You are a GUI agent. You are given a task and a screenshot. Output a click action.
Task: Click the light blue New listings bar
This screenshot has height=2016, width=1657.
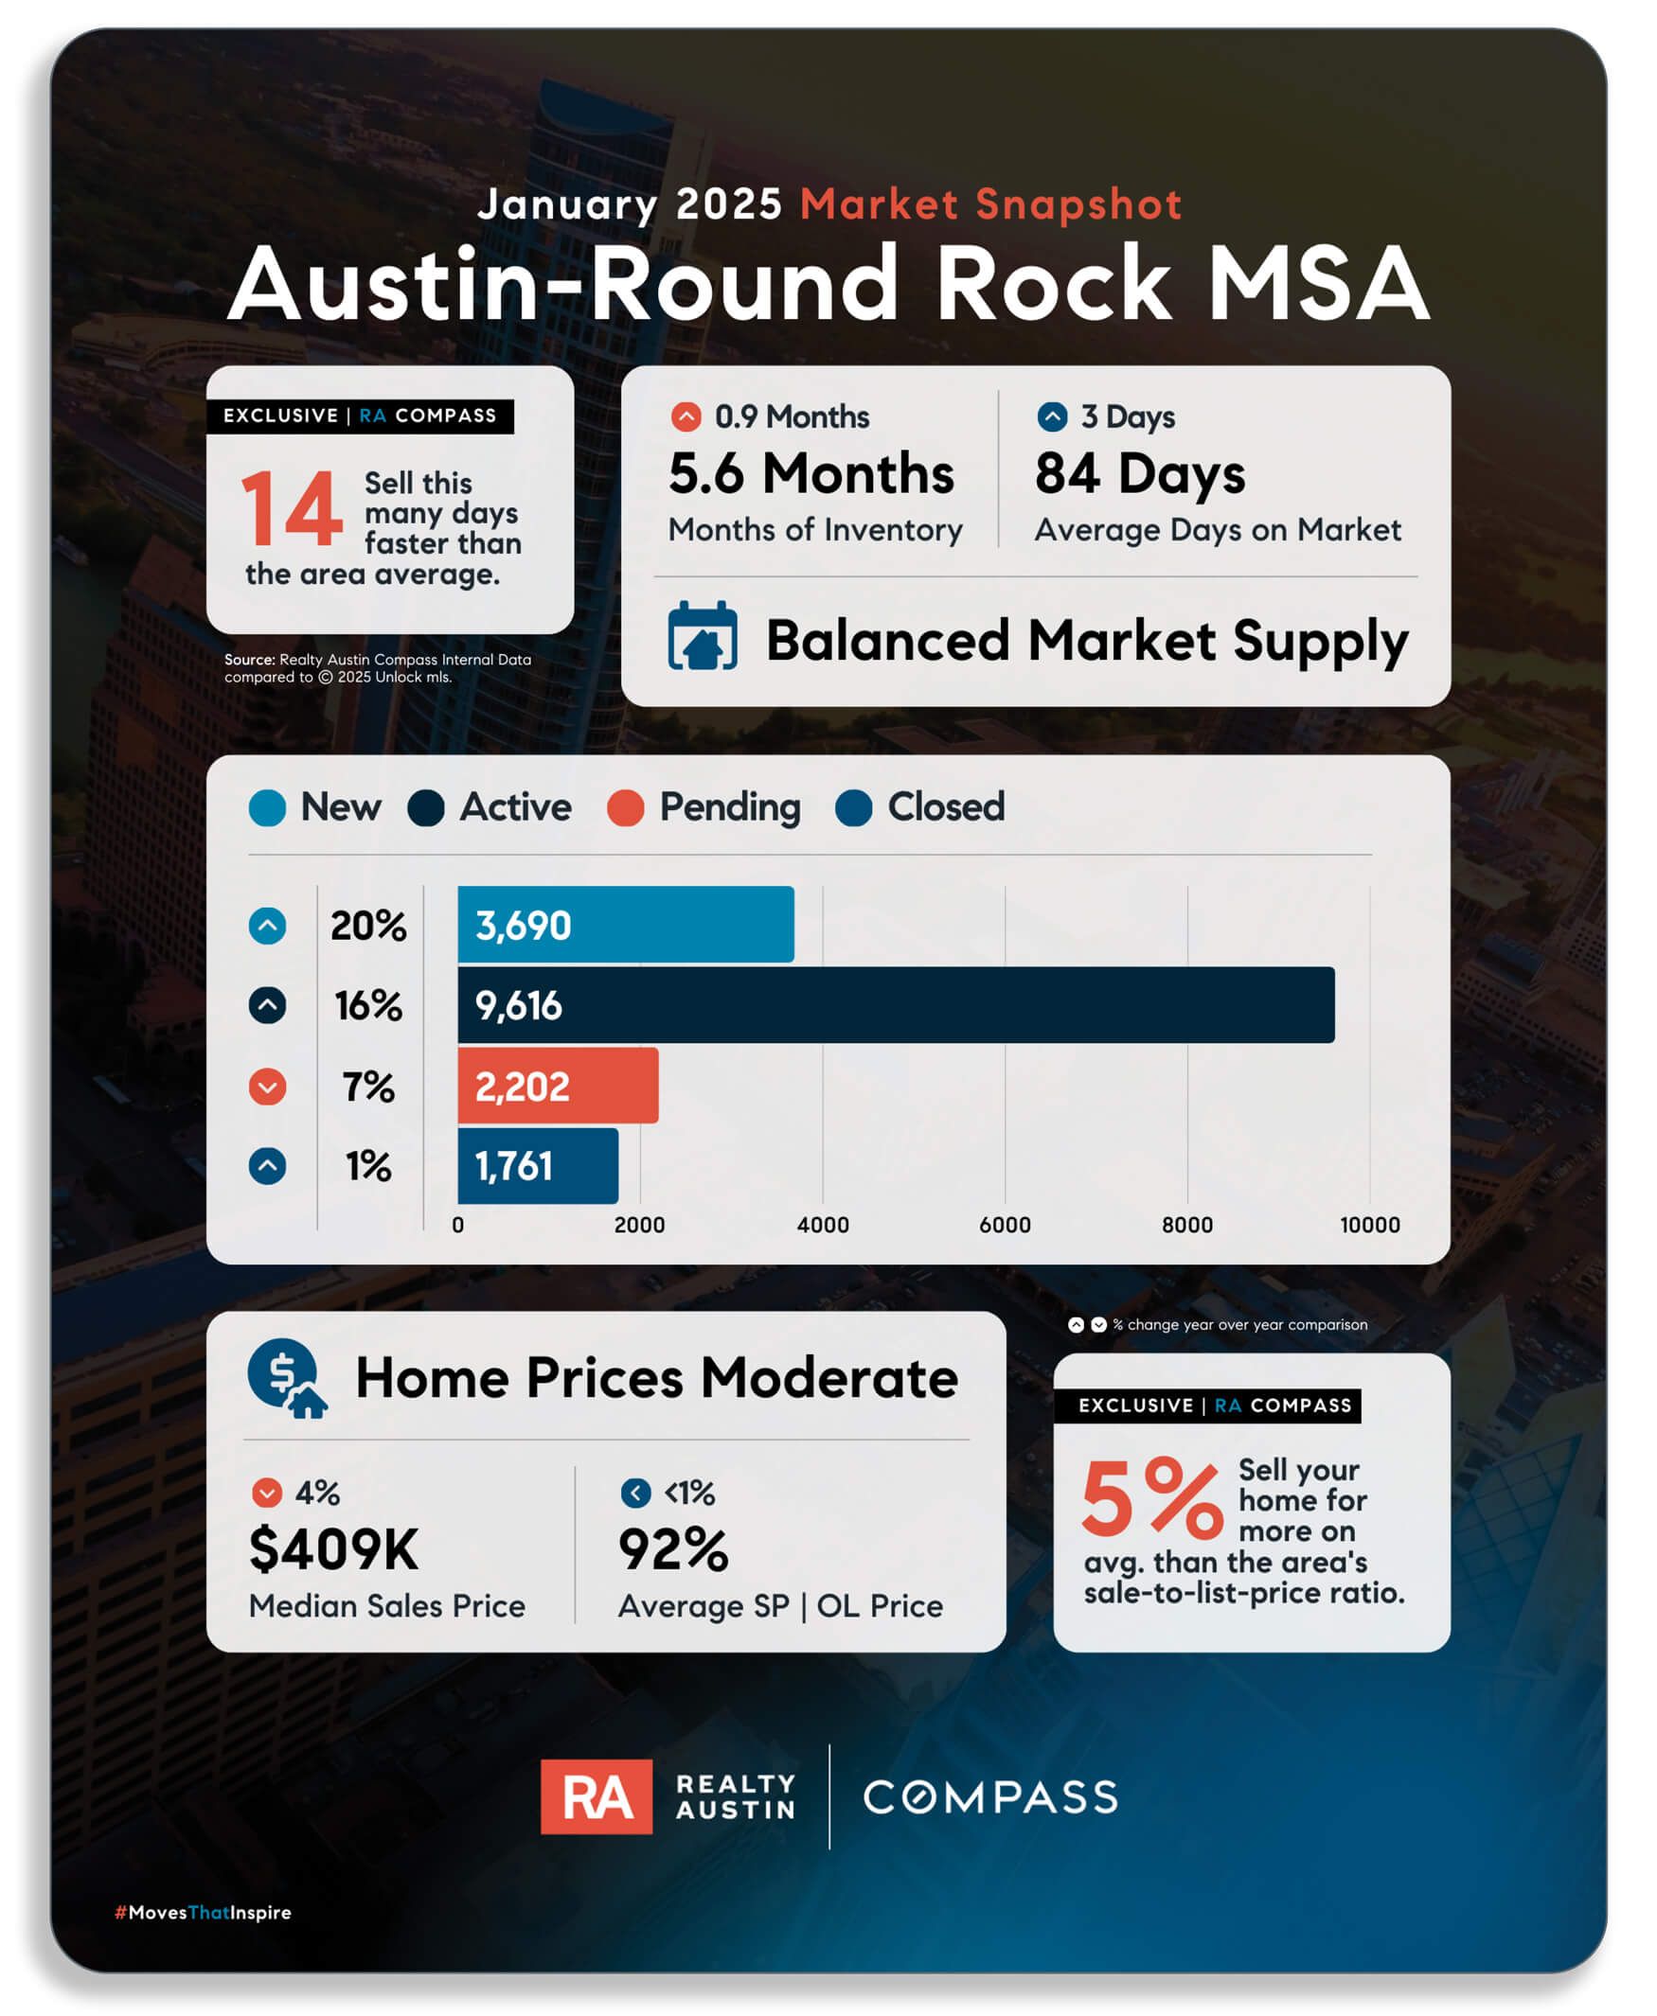click(x=625, y=924)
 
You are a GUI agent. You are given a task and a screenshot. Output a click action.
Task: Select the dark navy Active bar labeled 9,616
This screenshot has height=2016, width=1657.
click(x=896, y=1004)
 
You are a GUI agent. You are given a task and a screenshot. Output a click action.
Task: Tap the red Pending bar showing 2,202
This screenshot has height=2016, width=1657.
click(x=558, y=1085)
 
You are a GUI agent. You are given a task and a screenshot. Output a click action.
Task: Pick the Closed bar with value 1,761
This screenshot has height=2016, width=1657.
click(x=538, y=1165)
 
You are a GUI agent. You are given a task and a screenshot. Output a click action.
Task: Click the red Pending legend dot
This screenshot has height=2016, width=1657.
click(x=625, y=807)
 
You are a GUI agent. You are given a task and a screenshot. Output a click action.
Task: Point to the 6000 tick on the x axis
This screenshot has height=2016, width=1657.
click(x=1004, y=1224)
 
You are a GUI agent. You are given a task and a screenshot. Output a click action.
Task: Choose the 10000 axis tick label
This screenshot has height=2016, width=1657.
click(x=1370, y=1224)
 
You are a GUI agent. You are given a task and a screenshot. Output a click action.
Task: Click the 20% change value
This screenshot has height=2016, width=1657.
click(x=368, y=926)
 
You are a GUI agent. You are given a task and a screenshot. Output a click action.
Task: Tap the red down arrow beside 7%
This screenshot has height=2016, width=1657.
click(x=267, y=1086)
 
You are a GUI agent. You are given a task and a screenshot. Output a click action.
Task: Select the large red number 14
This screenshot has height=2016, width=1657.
click(x=291, y=508)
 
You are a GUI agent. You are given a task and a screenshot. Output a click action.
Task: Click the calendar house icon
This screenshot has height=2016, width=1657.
click(x=703, y=635)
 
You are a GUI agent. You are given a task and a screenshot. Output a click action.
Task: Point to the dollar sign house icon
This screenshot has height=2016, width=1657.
click(x=286, y=1377)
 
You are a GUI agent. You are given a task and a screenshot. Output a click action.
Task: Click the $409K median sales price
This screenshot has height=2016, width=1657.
click(x=333, y=1547)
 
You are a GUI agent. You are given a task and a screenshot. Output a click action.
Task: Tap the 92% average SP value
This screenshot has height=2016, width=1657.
click(x=674, y=1547)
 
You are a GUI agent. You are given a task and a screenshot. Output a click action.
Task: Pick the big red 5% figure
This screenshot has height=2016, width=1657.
click(x=1151, y=1498)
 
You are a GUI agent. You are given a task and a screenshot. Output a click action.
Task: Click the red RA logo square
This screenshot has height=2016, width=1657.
click(x=597, y=1795)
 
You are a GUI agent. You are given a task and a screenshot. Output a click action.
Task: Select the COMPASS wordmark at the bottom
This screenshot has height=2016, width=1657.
click(x=989, y=1796)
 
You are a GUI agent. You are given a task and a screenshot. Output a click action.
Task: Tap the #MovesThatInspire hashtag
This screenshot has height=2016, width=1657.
click(x=203, y=1912)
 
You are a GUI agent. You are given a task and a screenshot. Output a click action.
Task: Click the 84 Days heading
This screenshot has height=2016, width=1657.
click(x=1140, y=473)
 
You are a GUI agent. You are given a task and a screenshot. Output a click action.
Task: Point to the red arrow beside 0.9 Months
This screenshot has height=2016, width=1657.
click(x=686, y=416)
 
